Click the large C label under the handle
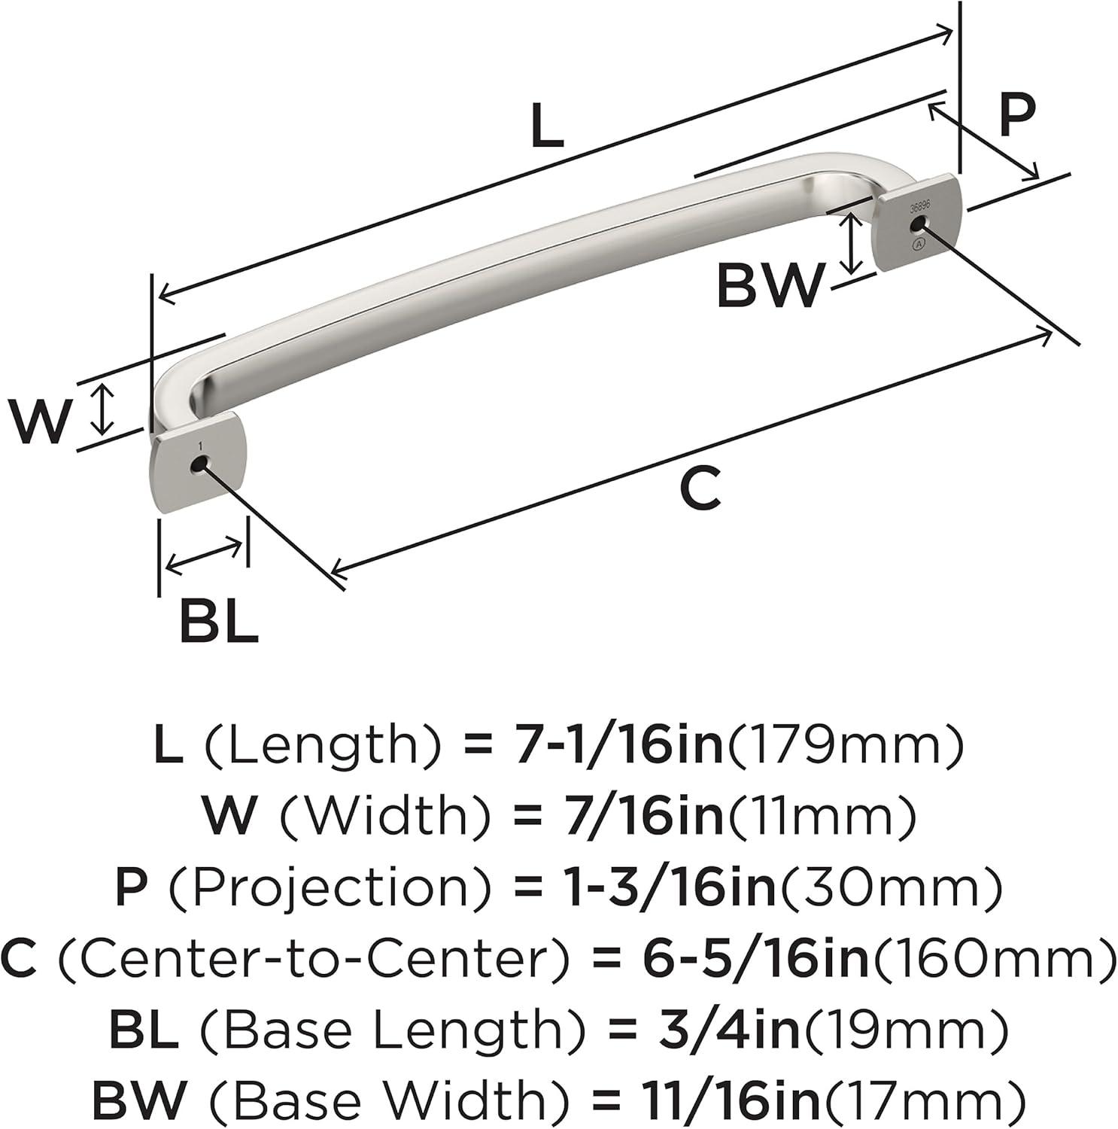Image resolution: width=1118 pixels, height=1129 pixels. [700, 488]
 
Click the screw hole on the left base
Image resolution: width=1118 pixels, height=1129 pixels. [199, 466]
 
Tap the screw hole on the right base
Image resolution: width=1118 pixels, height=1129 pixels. [916, 224]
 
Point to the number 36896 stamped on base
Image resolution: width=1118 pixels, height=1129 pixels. [919, 207]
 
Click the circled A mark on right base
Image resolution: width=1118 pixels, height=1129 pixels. [918, 245]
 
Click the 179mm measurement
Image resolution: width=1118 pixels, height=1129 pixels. [844, 746]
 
